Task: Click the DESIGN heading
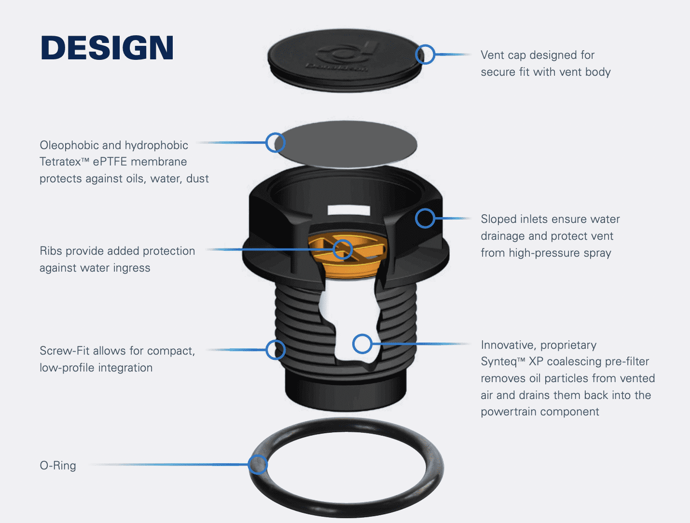pos(107,48)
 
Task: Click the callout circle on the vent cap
pos(425,55)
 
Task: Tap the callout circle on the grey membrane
pos(276,143)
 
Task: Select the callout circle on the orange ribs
pos(343,249)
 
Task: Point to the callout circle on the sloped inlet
pos(425,219)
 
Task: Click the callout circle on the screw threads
pos(276,350)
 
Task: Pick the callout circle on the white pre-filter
pos(362,344)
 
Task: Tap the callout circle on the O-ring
pos(258,465)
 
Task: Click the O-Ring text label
pos(58,466)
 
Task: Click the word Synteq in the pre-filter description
pos(498,362)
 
